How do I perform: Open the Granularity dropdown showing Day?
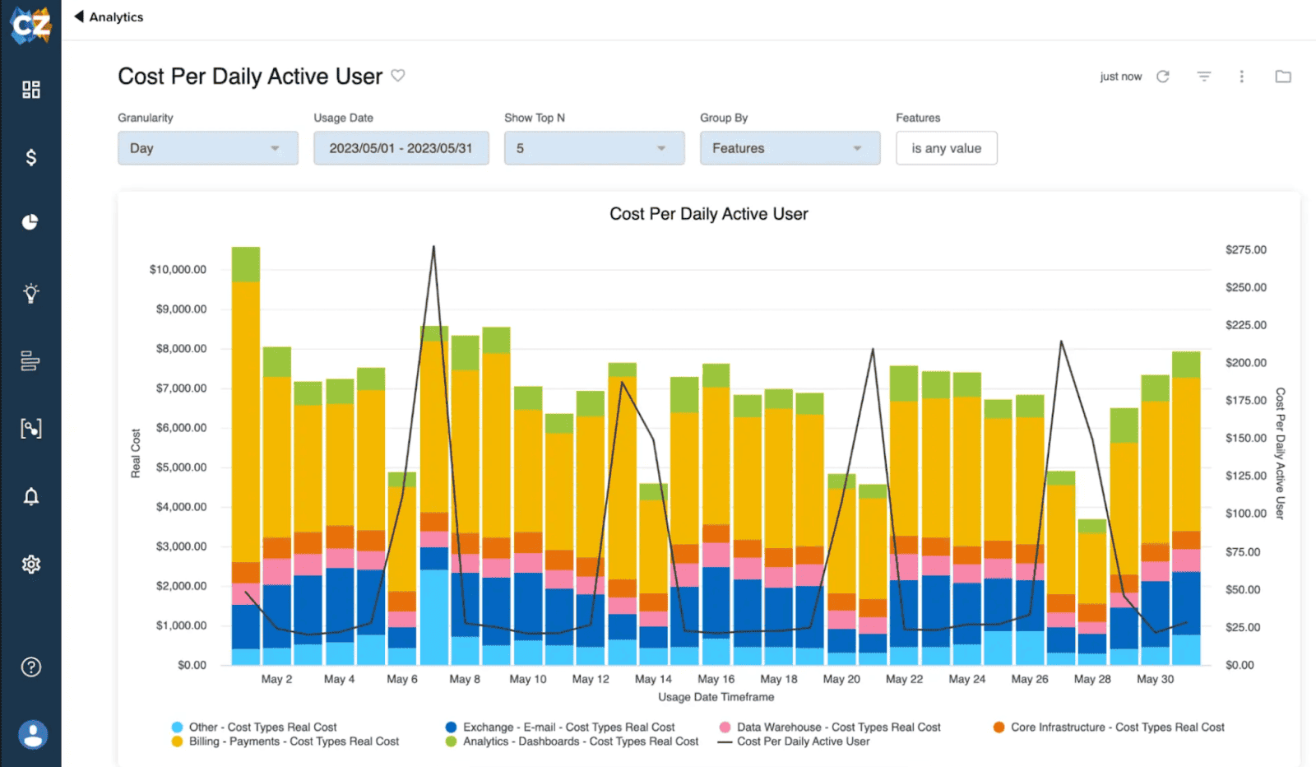coord(207,148)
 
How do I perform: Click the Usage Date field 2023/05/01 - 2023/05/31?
coord(401,148)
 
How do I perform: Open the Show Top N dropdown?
coord(594,148)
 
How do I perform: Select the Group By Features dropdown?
coord(790,148)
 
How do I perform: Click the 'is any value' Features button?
coord(946,148)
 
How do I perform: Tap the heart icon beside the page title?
coord(398,76)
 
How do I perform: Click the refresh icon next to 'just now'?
coord(1162,77)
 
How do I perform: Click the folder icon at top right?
coord(1282,77)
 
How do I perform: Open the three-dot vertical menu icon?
coord(1241,77)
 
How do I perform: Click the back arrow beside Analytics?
coord(79,16)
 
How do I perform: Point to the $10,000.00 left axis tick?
coord(178,269)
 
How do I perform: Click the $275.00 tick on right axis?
coord(1245,249)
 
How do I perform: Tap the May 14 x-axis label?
coord(653,679)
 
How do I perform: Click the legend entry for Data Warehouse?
coord(838,727)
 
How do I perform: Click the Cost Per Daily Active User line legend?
coord(802,741)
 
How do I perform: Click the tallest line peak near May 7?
coord(433,247)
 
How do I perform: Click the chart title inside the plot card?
coord(708,214)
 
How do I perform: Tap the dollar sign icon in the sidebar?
coord(30,157)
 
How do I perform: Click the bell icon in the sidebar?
coord(30,496)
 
